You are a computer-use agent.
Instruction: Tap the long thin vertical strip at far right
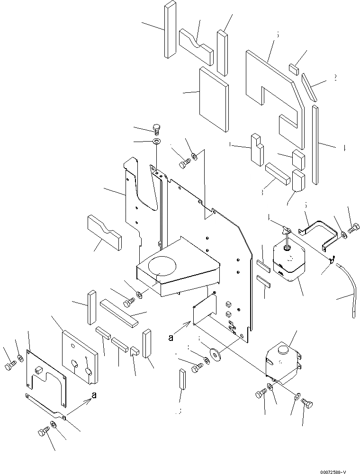315,144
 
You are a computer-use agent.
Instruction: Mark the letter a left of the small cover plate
171,338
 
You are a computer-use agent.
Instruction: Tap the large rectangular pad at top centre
214,99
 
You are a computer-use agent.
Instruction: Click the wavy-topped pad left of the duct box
104,232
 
